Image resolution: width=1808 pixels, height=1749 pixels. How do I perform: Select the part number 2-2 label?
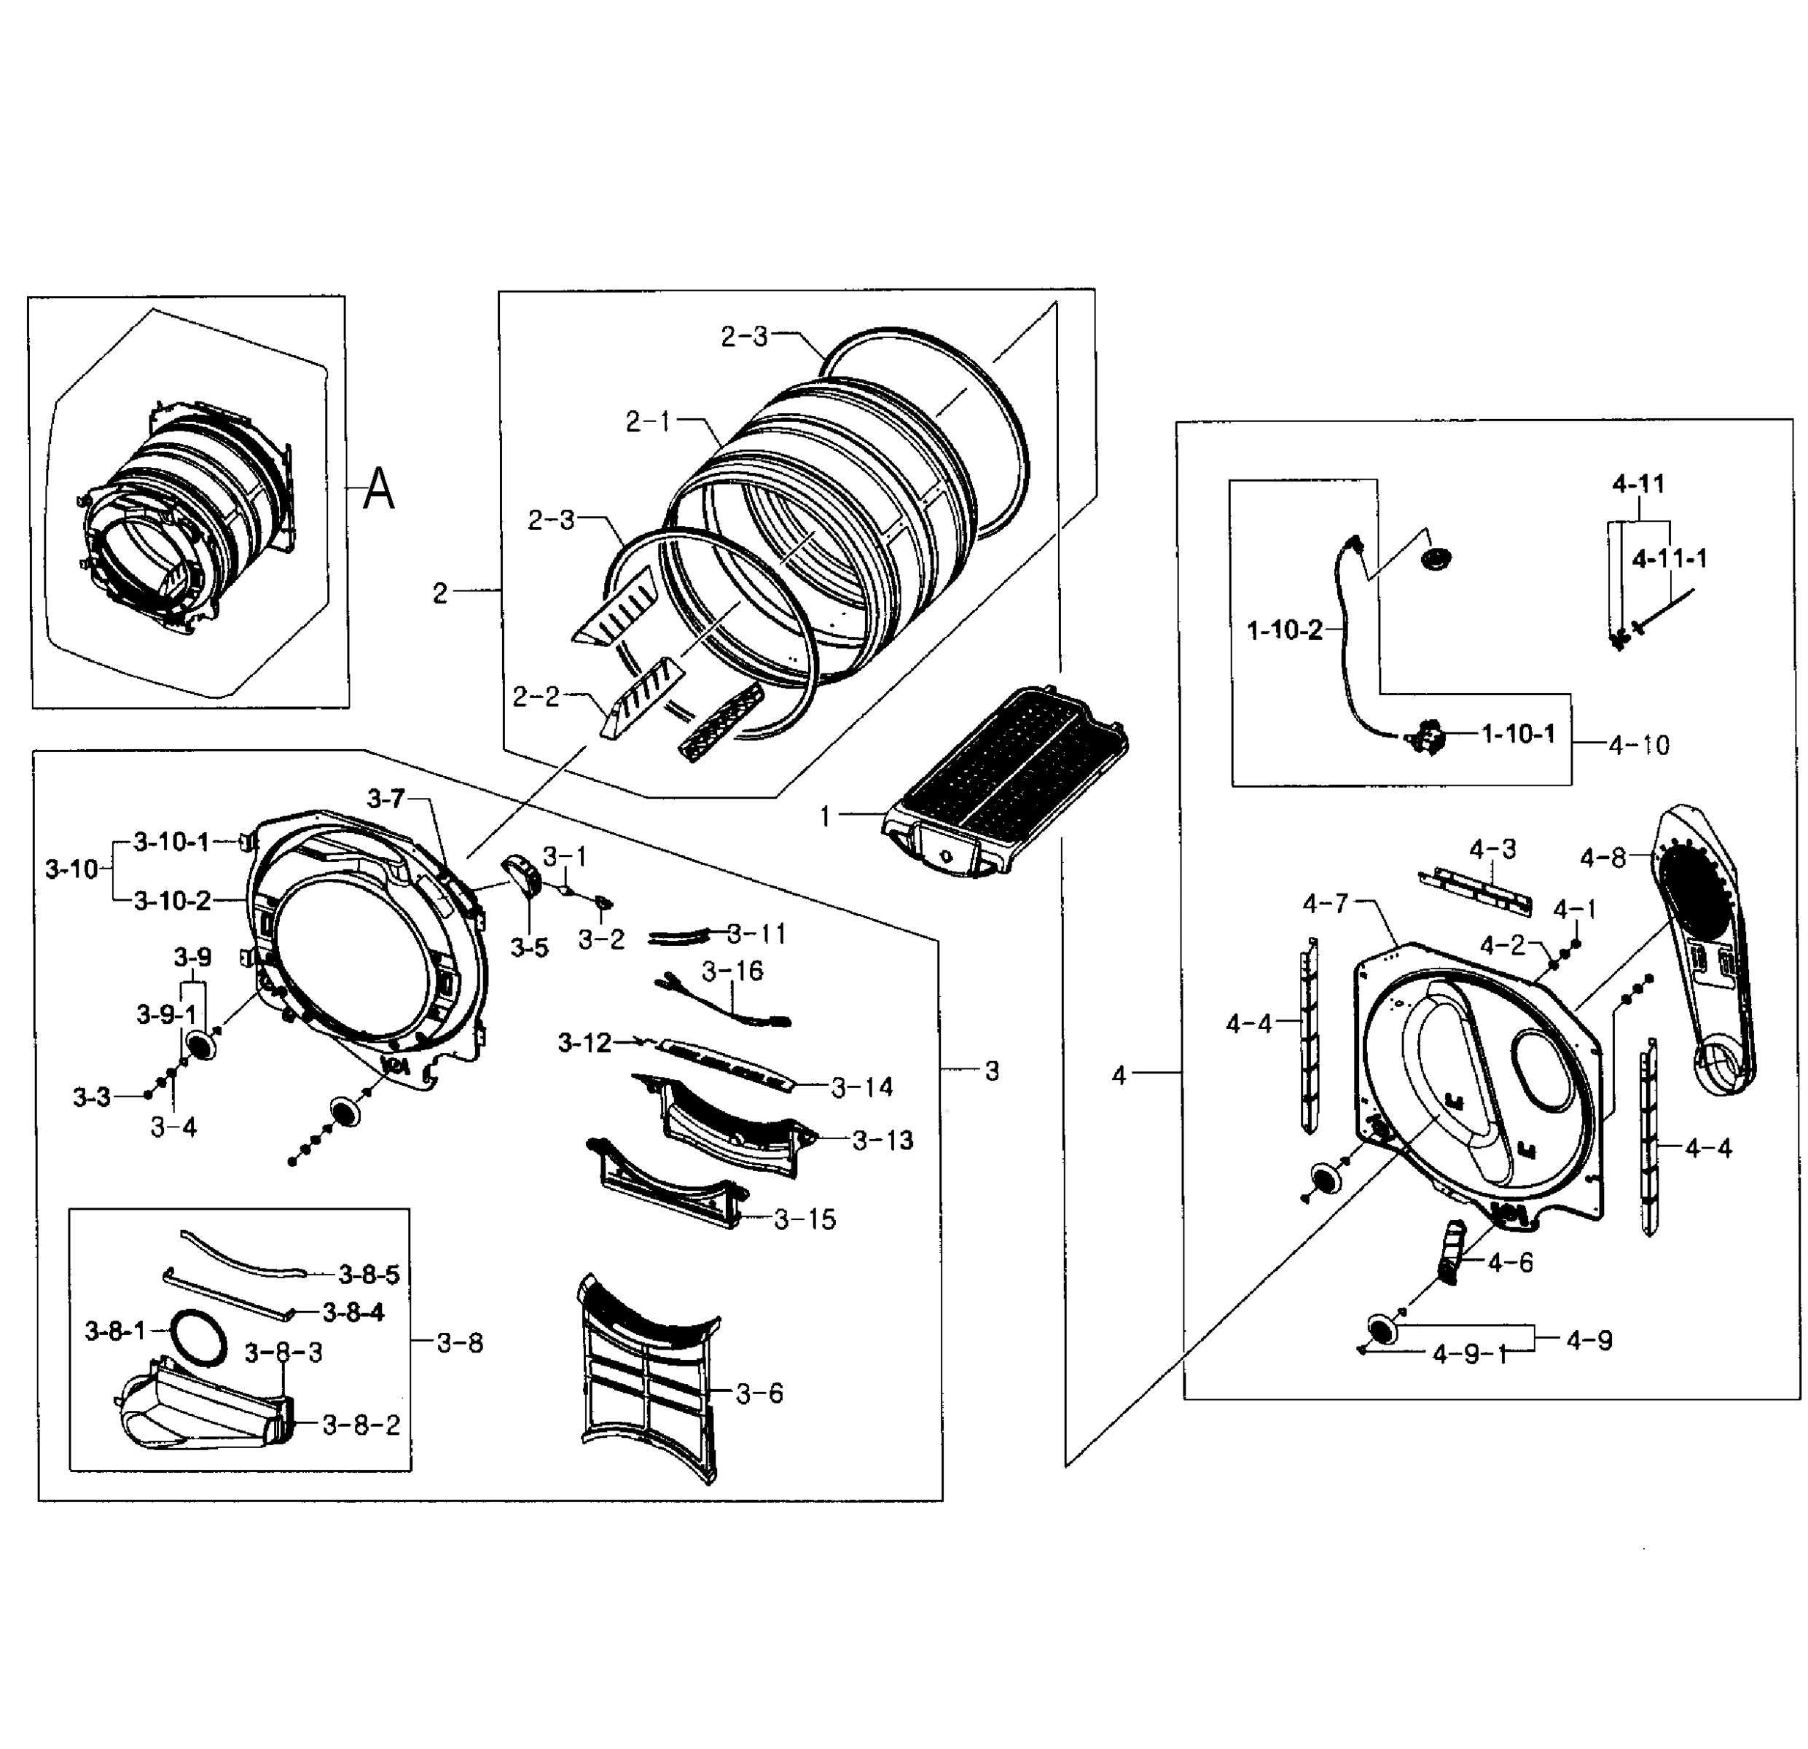(536, 697)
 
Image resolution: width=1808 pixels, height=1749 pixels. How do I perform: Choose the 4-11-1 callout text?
(1669, 558)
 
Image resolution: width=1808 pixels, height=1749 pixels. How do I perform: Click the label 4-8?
(1602, 858)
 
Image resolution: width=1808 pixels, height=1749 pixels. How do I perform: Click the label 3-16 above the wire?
(732, 971)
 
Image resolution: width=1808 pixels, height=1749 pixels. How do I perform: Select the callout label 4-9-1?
(1469, 1354)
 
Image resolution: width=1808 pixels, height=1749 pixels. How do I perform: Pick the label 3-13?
(882, 1140)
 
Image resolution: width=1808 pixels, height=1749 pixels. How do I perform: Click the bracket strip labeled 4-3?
(1475, 891)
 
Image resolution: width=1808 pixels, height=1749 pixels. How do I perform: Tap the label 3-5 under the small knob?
(530, 947)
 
